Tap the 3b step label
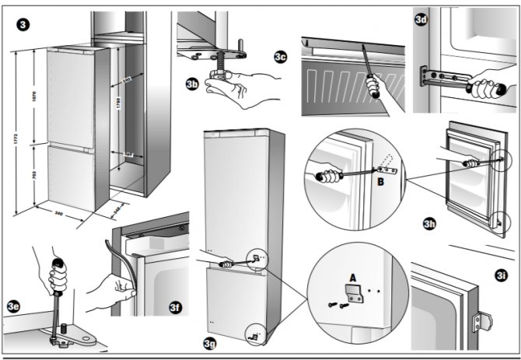click(x=193, y=82)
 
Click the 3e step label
click(x=14, y=306)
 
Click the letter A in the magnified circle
click(x=351, y=276)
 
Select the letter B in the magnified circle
click(x=380, y=183)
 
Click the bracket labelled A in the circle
click(x=354, y=293)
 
